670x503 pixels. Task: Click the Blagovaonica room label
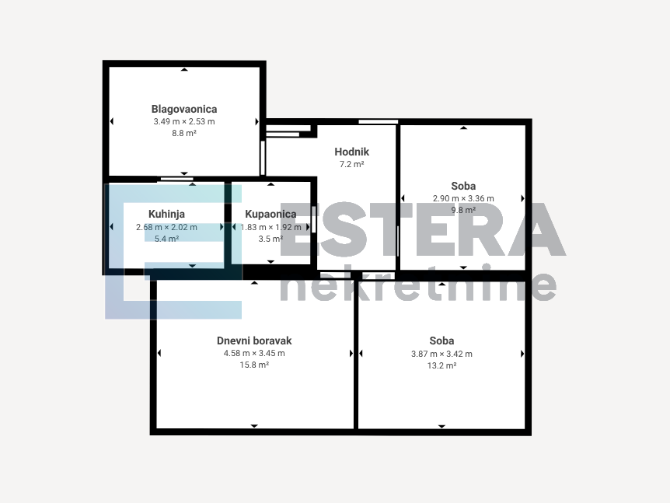click(x=184, y=109)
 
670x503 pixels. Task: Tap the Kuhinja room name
click(x=166, y=214)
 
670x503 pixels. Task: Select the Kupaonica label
click(x=270, y=214)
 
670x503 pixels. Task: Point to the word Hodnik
click(x=351, y=152)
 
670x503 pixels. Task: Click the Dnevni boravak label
click(x=254, y=341)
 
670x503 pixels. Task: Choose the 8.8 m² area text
click(x=184, y=134)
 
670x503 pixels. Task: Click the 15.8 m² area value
click(x=254, y=365)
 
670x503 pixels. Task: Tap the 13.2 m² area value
click(x=441, y=366)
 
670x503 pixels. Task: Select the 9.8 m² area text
click(x=463, y=210)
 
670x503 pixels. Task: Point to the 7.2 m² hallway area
click(x=351, y=164)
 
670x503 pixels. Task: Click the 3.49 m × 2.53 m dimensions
click(x=184, y=121)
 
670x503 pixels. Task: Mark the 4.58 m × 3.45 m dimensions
click(x=254, y=354)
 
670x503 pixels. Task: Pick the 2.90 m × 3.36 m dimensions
click(x=463, y=198)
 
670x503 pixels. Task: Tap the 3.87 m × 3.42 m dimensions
click(x=441, y=354)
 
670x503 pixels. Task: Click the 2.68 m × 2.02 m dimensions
click(x=166, y=227)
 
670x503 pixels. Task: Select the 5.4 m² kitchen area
click(x=166, y=239)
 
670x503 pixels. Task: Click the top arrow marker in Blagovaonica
click(x=184, y=69)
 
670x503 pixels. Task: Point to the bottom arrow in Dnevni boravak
click(x=254, y=426)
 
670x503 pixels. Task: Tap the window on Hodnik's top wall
click(x=379, y=122)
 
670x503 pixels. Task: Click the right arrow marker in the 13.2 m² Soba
click(x=522, y=354)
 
